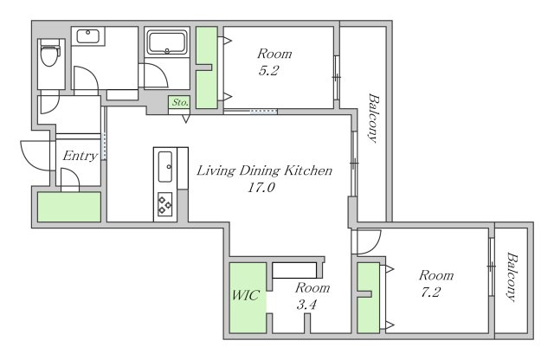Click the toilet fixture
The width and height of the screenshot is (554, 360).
tap(50, 53)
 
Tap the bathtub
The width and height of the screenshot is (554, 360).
tap(167, 42)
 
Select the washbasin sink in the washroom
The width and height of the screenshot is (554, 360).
tap(88, 36)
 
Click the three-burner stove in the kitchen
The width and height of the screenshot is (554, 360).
tap(164, 204)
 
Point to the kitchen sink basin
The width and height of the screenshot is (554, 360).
tap(165, 166)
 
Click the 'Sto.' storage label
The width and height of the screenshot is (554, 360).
tap(179, 102)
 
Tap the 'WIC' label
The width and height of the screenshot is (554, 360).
tap(246, 295)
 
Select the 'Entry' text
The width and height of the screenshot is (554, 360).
tap(80, 156)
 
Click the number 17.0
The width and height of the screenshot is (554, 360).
tap(261, 187)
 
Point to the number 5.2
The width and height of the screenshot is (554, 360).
tap(268, 71)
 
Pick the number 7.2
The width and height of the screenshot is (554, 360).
tap(431, 292)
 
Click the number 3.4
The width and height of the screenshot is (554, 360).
tap(306, 304)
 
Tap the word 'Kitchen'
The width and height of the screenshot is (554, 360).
tap(308, 170)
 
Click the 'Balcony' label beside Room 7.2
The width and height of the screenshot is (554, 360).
tap(512, 276)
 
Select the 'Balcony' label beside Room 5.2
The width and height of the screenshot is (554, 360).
tap(373, 118)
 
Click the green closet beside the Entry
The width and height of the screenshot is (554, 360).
tap(69, 207)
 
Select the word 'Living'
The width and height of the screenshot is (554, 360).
tap(216, 171)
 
